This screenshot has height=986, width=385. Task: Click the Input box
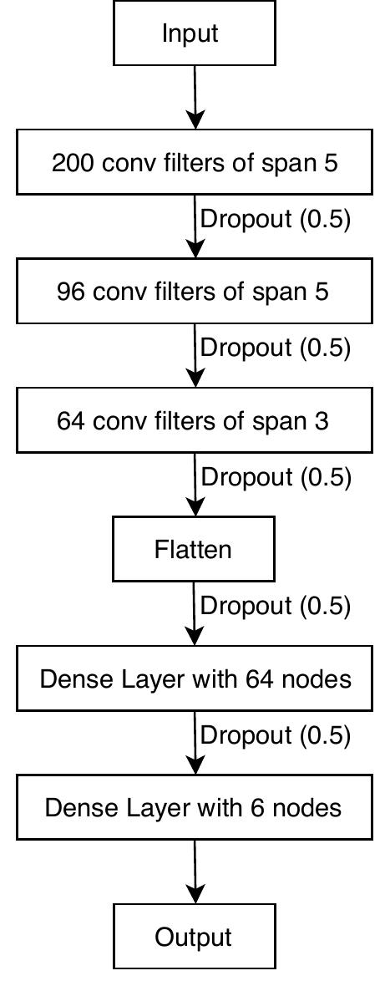[x=194, y=33]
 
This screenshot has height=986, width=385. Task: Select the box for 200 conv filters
[x=195, y=162]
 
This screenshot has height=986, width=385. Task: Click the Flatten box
[x=194, y=549]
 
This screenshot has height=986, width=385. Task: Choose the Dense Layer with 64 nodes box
[x=195, y=679]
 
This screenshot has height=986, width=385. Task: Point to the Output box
[x=194, y=937]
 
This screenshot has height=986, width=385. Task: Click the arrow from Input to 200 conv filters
[x=195, y=98]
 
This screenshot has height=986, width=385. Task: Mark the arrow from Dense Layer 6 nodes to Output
[x=195, y=872]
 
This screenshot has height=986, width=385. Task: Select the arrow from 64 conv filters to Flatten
[x=195, y=485]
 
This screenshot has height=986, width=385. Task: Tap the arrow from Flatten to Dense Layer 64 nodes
[x=195, y=614]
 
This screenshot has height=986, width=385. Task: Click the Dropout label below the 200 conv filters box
[x=276, y=219]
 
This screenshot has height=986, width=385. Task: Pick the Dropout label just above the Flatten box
[x=276, y=477]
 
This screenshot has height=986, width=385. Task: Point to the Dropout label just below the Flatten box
[x=276, y=606]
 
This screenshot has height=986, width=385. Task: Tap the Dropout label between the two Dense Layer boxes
[x=276, y=735]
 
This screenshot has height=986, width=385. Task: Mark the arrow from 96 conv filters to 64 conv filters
[x=195, y=356]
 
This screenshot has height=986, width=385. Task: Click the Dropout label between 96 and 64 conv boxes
[x=276, y=348]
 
